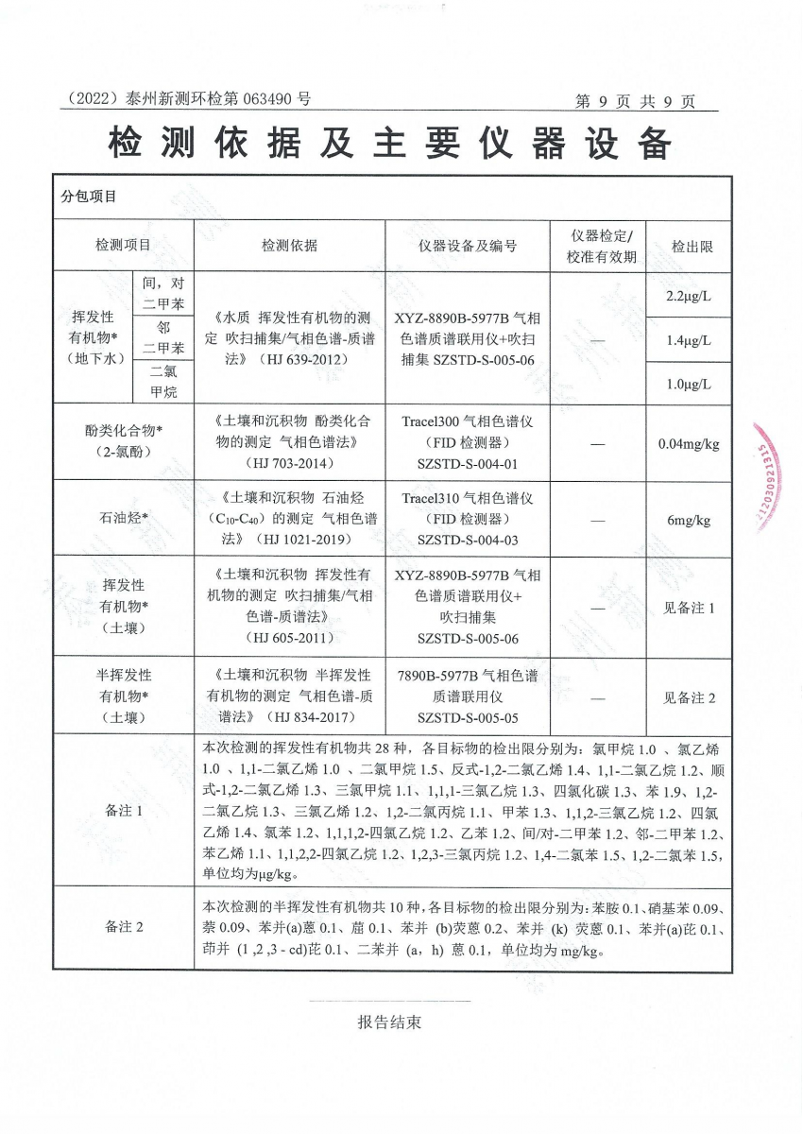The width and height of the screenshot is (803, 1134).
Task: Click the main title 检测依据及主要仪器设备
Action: [390, 145]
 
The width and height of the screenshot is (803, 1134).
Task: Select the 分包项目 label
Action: [89, 197]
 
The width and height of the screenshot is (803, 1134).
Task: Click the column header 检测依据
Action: [289, 246]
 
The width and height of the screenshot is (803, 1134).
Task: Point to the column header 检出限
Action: [692, 246]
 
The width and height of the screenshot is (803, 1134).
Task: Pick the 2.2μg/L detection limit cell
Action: [689, 296]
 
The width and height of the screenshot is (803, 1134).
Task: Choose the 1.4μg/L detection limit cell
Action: [689, 340]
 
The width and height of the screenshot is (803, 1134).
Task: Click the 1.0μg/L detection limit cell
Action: [689, 385]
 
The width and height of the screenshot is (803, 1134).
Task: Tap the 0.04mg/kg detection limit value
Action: [689, 443]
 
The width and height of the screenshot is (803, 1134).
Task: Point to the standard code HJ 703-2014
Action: [289, 463]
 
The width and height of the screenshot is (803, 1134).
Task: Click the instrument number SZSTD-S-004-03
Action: [468, 540]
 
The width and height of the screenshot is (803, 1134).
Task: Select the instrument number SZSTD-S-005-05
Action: [468, 717]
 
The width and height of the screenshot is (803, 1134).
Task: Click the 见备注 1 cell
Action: [689, 609]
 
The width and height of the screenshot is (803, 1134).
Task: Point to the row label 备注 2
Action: [125, 926]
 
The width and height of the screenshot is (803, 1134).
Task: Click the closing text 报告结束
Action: [389, 1022]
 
